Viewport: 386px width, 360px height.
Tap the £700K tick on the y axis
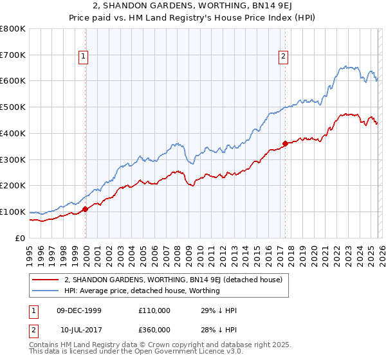(13, 55)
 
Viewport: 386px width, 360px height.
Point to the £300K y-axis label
(13, 159)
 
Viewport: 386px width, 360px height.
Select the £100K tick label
(13, 212)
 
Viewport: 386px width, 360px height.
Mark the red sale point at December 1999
(85, 209)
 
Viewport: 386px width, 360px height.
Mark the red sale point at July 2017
(285, 143)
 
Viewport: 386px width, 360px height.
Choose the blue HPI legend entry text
(142, 291)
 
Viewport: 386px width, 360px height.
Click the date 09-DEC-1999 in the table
(79, 310)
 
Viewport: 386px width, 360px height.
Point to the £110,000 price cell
(154, 310)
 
